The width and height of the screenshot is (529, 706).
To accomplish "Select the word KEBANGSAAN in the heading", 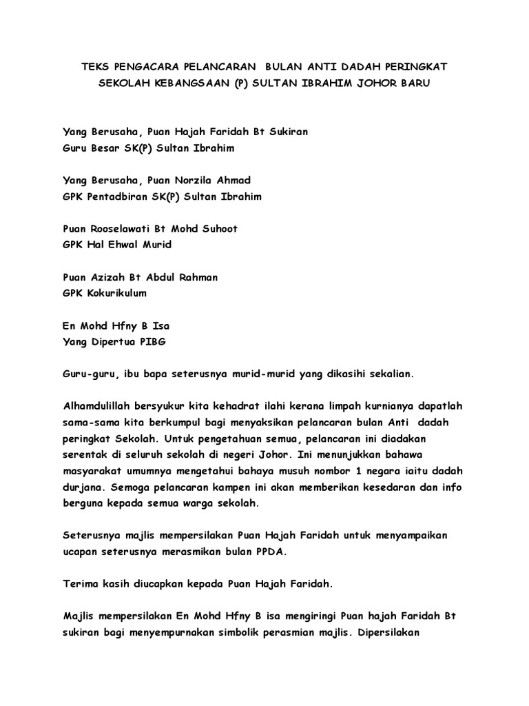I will point(188,85).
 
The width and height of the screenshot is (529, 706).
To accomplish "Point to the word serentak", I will point(85,455).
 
